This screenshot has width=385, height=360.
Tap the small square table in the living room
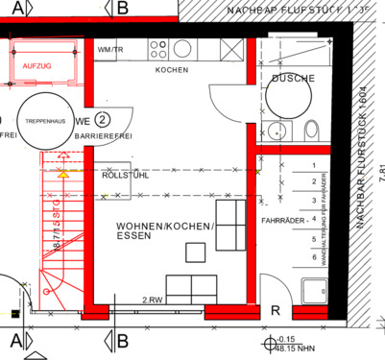196,252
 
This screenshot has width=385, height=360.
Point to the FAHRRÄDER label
283,220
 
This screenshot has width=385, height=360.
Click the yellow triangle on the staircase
62,175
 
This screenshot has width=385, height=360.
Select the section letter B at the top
122,9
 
